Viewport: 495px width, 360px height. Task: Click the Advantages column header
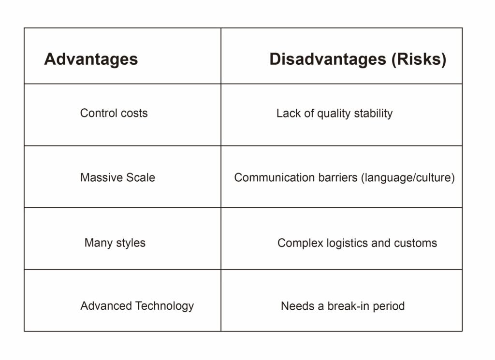(x=91, y=59)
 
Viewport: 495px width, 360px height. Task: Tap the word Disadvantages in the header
(x=328, y=59)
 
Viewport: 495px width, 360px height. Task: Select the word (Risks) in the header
(x=419, y=59)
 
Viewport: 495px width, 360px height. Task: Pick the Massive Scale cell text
(x=118, y=177)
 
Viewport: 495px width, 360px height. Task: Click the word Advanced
(x=106, y=306)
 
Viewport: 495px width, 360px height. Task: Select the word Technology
(x=164, y=306)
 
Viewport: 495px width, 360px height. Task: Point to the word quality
(x=334, y=114)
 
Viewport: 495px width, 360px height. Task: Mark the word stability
(x=373, y=114)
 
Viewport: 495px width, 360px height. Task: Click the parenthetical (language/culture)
(x=408, y=178)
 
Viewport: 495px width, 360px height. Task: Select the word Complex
(x=300, y=243)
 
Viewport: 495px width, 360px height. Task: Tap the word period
(x=389, y=306)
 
